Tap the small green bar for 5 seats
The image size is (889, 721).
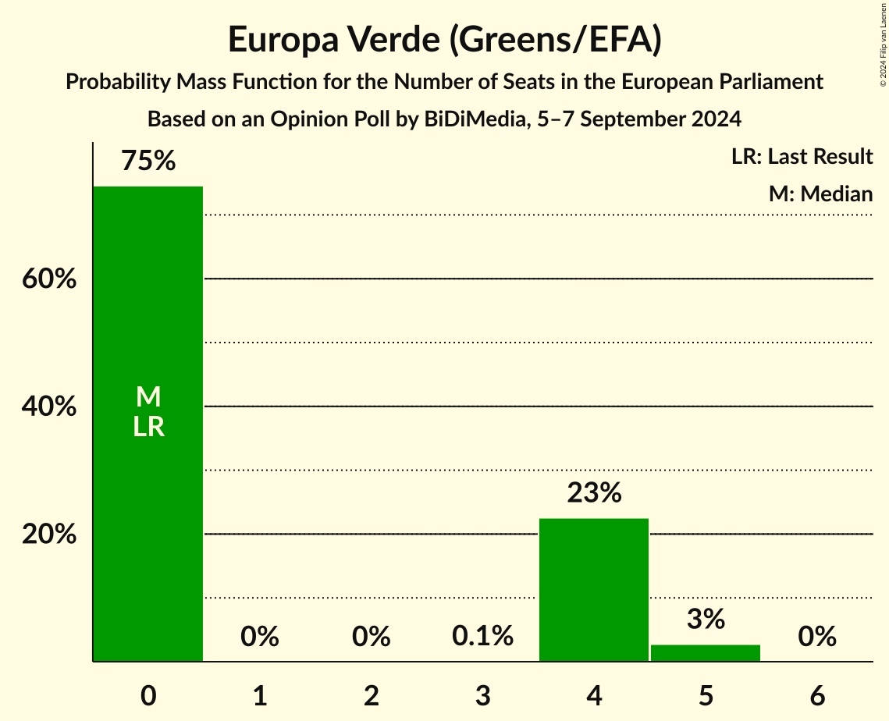(x=706, y=653)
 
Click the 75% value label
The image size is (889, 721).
(x=148, y=161)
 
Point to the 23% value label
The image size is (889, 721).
(x=594, y=493)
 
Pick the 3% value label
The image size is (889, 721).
(x=706, y=620)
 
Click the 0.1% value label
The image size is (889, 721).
(x=482, y=637)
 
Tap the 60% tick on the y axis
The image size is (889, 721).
(x=49, y=279)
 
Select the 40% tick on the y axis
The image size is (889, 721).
(x=49, y=407)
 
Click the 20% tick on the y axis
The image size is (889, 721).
(x=49, y=535)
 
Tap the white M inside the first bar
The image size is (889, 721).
(x=148, y=397)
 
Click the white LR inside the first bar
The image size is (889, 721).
(x=148, y=427)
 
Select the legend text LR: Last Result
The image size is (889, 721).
(x=802, y=157)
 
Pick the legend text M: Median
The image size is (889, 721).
(x=820, y=194)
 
